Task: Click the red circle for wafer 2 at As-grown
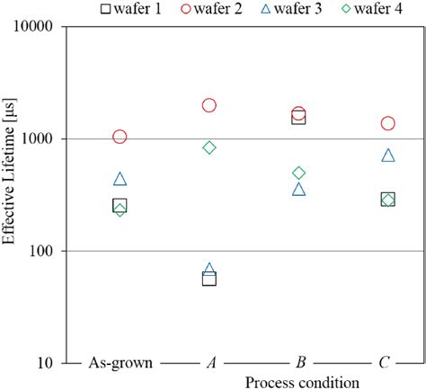click(120, 137)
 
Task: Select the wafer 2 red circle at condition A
click(209, 105)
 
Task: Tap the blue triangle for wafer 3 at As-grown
click(120, 180)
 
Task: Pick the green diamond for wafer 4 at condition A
click(209, 147)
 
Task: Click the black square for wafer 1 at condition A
click(209, 279)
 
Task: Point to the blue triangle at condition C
click(388, 155)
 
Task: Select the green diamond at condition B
click(299, 173)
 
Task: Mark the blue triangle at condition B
click(299, 190)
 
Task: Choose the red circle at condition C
click(388, 123)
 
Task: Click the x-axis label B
click(299, 363)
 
